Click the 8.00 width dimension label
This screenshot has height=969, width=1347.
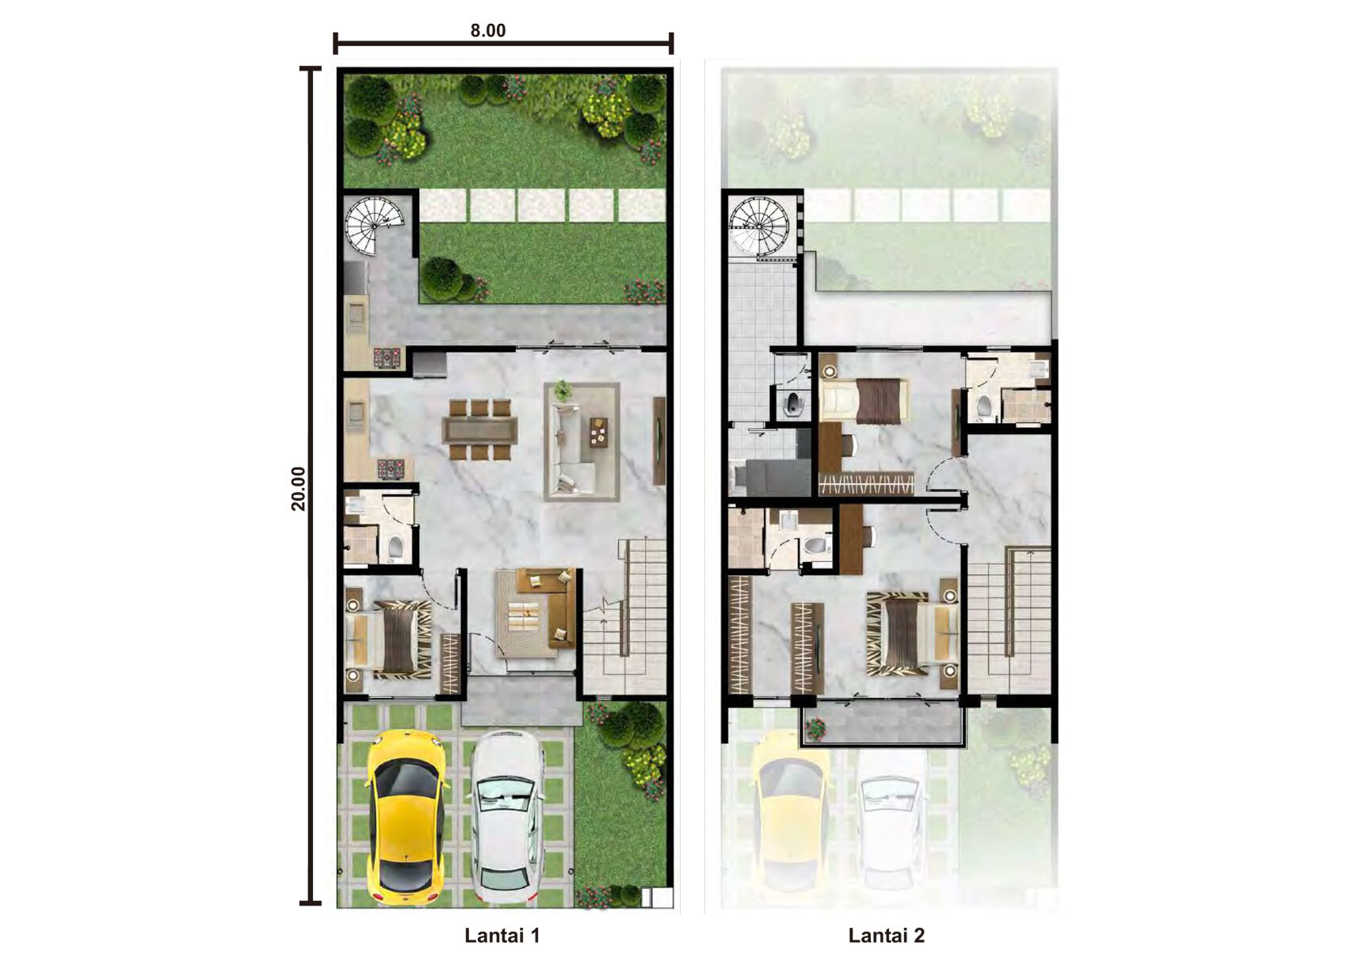[487, 30]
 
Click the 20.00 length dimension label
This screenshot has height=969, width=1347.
[298, 488]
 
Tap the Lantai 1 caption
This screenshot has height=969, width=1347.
[502, 935]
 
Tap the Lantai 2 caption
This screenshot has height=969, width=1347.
[887, 935]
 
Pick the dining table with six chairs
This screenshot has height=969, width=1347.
[479, 429]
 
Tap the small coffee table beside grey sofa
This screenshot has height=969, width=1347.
[598, 433]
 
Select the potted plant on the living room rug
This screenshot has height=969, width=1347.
[563, 391]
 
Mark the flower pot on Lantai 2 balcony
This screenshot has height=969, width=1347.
[816, 730]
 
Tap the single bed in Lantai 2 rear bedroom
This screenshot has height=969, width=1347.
[864, 399]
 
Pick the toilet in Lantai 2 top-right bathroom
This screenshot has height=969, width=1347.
[984, 406]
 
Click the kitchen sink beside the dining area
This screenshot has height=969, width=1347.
[357, 413]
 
